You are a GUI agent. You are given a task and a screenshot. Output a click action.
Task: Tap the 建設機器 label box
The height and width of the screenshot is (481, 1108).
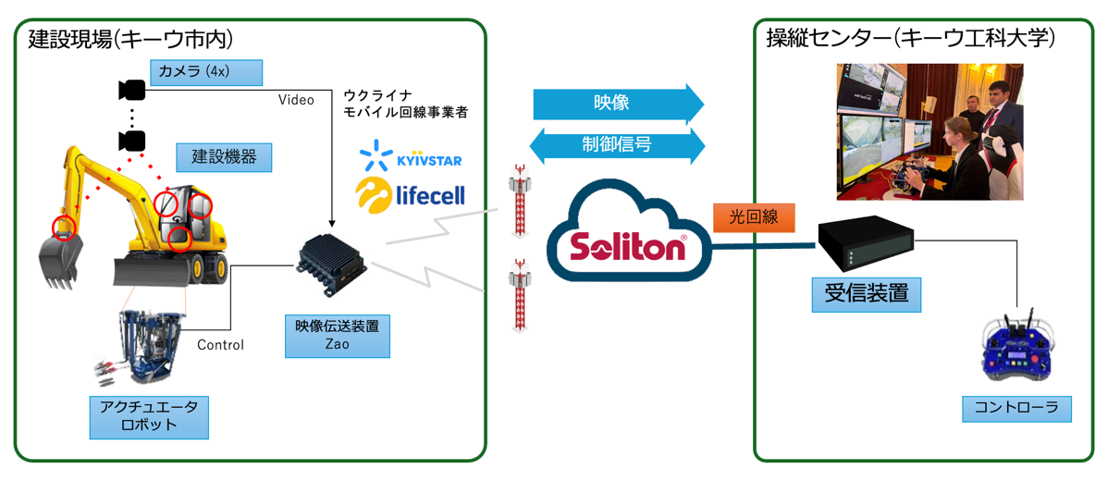(x=224, y=156)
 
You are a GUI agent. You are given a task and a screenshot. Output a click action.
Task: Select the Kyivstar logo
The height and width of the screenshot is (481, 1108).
(x=412, y=156)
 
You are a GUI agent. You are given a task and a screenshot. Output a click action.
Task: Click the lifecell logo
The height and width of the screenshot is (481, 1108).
(x=410, y=194)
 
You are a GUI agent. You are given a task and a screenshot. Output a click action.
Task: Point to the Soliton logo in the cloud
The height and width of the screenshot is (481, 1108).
(x=626, y=247)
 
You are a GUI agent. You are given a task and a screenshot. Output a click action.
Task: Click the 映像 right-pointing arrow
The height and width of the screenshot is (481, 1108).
(x=618, y=103)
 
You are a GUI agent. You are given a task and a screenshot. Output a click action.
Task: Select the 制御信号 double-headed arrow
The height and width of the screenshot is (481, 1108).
(x=618, y=145)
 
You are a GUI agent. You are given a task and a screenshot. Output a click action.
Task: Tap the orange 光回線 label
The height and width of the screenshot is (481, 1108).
(x=754, y=218)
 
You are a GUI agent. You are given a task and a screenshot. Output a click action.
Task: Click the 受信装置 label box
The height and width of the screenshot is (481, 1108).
(x=866, y=294)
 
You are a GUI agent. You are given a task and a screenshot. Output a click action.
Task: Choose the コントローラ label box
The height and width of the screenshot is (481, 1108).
(x=1016, y=408)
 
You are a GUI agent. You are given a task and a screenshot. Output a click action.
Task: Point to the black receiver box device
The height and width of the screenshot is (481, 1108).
(x=866, y=242)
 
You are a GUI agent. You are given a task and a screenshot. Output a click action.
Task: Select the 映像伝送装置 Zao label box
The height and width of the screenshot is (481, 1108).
(x=337, y=336)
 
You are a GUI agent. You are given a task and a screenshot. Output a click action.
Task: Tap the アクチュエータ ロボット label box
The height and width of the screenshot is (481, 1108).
(x=148, y=417)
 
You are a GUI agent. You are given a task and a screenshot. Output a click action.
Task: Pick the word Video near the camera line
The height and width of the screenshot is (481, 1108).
(x=296, y=99)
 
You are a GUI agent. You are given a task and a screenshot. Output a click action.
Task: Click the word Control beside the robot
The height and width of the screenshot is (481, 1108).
(x=220, y=345)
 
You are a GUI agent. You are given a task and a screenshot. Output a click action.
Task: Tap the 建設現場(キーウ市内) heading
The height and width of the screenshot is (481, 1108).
(x=130, y=39)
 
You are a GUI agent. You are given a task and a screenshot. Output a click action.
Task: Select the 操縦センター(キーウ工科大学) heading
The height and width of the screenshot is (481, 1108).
(x=910, y=39)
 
